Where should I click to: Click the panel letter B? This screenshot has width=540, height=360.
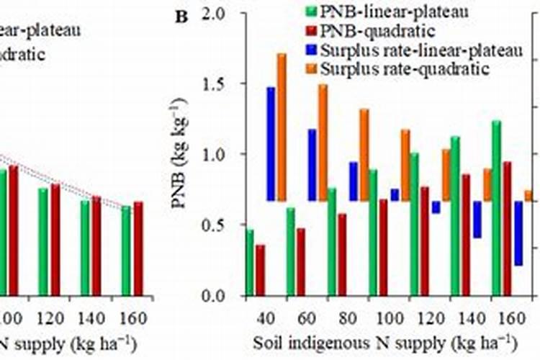pos(181,16)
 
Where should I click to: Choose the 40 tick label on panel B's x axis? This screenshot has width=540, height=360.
pos(266,318)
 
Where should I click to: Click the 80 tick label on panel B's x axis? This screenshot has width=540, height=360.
pos(348,318)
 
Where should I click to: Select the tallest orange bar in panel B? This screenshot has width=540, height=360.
pos(282,127)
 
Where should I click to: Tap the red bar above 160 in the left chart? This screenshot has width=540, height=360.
pos(138,248)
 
